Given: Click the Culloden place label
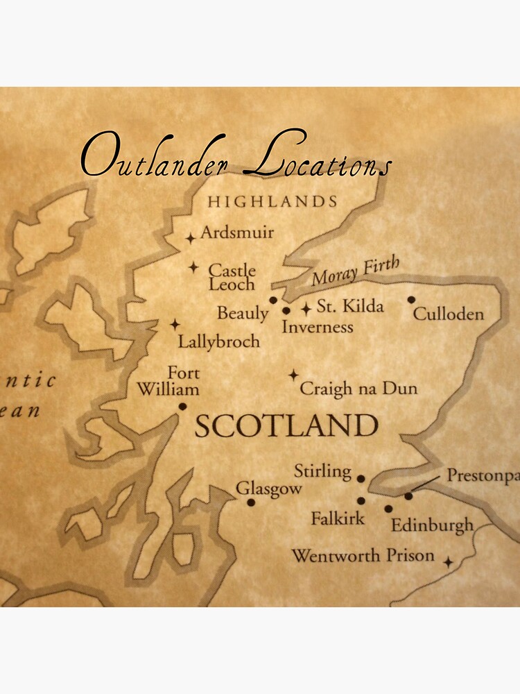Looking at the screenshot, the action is point(448,314).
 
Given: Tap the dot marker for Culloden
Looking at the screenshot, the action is point(411,300).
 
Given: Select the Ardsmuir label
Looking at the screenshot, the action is point(237,232).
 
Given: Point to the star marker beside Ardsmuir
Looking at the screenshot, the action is point(191,238).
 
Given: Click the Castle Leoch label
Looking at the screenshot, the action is point(232,277).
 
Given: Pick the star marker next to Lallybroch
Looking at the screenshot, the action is point(175,324).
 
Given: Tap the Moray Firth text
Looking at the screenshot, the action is point(355,270).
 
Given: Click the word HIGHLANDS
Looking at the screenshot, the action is point(272,202).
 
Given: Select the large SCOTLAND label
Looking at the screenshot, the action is point(286,425).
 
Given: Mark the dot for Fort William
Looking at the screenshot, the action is point(182,407).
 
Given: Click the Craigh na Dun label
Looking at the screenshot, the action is point(358,388).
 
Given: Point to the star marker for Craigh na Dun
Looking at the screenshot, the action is point(294,375).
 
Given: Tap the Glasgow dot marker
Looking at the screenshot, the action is point(251,502).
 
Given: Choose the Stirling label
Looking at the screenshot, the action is point(322,472).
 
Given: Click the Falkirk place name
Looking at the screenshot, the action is point(338,518).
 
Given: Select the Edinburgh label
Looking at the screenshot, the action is point(432,525).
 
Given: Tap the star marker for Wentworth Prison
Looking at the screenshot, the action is point(449,561).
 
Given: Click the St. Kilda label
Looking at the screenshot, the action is point(350,306).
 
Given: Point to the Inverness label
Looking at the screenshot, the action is point(318,327).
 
